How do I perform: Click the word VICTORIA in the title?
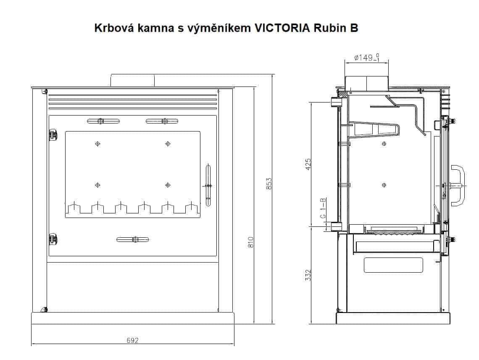(283, 28)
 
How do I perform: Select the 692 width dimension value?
(132, 341)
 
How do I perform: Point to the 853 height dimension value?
(269, 184)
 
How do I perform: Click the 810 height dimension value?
(251, 243)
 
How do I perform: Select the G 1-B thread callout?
(323, 208)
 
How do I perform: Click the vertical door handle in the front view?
(208, 185)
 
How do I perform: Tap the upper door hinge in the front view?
(53, 135)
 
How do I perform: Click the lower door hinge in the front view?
(53, 239)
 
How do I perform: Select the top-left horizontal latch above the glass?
(103, 121)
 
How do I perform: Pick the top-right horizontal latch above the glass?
(162, 121)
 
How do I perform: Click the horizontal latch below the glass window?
(133, 239)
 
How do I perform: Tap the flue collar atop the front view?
(132, 80)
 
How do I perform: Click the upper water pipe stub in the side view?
(336, 102)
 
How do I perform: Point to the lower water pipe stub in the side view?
(336, 227)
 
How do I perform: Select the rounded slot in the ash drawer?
(393, 265)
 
